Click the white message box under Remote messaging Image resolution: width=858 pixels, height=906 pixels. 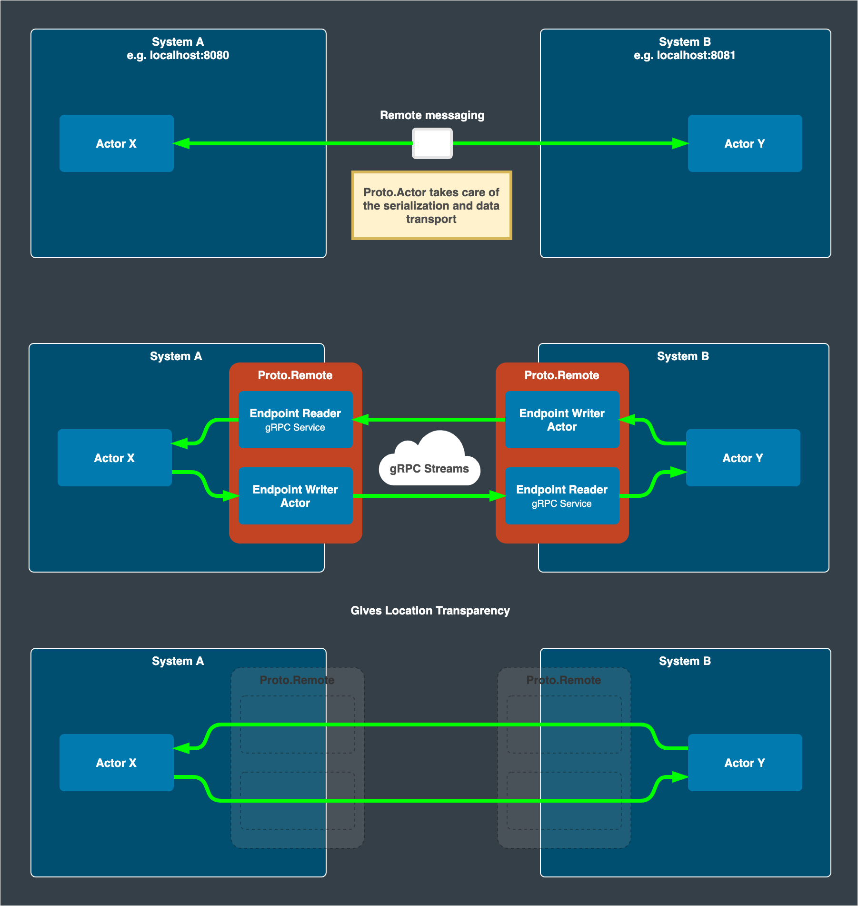point(432,143)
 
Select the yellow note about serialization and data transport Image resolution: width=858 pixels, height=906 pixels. point(431,205)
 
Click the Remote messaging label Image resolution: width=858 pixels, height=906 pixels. point(432,115)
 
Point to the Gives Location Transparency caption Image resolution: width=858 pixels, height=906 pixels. point(430,611)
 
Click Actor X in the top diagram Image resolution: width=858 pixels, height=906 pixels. point(116,143)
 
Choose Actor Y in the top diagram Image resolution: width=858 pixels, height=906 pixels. point(745,143)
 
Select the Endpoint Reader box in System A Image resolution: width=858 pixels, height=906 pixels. point(295,420)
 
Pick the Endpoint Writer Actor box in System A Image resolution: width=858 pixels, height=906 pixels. point(295,496)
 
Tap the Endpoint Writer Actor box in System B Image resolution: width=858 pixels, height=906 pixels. point(562,420)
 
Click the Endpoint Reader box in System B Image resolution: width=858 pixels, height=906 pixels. point(562,496)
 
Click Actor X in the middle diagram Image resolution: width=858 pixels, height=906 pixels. point(114,458)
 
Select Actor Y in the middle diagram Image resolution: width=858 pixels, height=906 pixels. point(743,458)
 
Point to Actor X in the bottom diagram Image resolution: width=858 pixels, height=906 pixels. point(116,763)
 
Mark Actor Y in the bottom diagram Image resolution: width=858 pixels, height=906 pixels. point(745,763)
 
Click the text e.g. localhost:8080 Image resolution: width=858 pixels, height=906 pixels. point(178,55)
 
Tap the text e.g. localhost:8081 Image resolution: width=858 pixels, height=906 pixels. point(685,55)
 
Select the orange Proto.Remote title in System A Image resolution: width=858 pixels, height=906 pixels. point(295,375)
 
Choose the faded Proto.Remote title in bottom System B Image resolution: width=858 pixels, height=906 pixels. point(564,680)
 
